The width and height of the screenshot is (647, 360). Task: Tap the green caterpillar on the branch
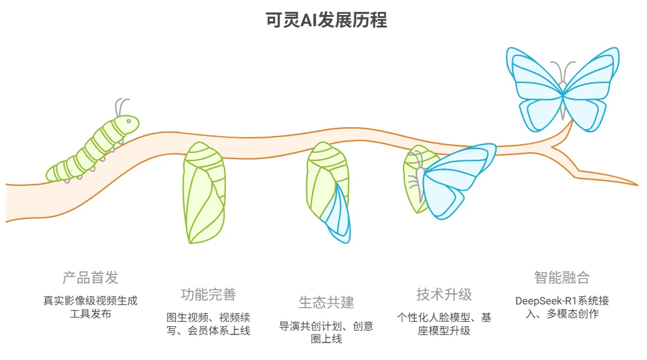[x=94, y=148]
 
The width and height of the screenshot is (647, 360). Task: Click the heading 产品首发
[x=90, y=278]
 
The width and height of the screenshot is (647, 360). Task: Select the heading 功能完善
[x=208, y=294]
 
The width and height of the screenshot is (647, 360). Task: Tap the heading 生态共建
[x=326, y=303]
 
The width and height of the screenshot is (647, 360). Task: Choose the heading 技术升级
[x=444, y=294]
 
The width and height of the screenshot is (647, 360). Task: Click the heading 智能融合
[x=562, y=278]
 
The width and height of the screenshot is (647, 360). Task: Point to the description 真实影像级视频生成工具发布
[x=90, y=307]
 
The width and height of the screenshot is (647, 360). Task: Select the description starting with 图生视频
[x=208, y=324]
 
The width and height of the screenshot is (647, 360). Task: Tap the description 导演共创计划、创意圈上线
[x=326, y=333]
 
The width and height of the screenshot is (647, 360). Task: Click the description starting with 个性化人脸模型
[x=444, y=324]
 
